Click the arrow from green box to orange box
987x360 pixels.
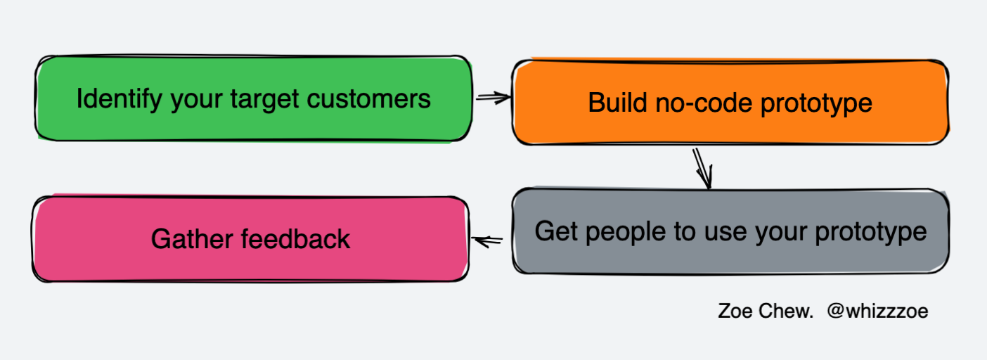click(x=492, y=98)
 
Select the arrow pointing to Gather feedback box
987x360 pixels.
click(x=488, y=241)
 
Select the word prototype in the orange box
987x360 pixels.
click(x=815, y=103)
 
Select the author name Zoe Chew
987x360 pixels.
click(x=765, y=311)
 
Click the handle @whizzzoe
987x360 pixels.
click(x=877, y=311)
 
